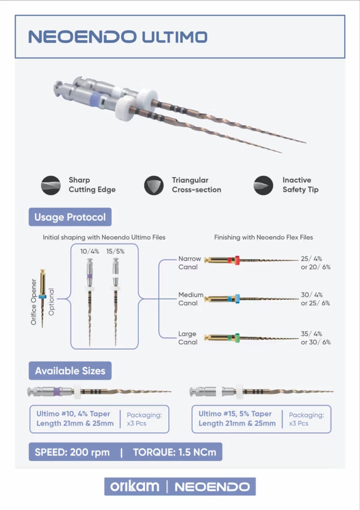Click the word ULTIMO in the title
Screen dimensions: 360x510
pos(175,37)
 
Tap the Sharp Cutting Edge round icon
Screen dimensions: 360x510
pos(51,185)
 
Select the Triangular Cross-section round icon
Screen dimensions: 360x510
pos(154,185)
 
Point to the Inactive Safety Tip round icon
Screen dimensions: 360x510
pos(264,185)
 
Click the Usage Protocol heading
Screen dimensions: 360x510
pos(70,217)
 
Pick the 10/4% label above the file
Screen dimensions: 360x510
pos(90,251)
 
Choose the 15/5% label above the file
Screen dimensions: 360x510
pos(115,251)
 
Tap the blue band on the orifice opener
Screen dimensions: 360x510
pos(42,297)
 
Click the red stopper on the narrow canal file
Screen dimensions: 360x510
pos(237,260)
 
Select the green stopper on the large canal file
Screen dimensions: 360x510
pos(237,338)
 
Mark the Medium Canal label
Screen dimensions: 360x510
pos(191,299)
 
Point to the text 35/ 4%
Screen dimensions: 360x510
pos(311,334)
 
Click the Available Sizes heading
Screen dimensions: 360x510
pos(70,371)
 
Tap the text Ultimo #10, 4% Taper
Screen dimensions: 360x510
pos(73,414)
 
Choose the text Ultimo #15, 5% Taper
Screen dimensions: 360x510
pos(235,414)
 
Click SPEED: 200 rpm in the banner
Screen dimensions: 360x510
pos(72,452)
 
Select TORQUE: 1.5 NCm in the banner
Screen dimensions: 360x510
pos(175,452)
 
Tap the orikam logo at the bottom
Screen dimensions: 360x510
pos(135,487)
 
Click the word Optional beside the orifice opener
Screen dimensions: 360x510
pos(51,302)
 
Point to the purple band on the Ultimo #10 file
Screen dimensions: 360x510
pos(57,392)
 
